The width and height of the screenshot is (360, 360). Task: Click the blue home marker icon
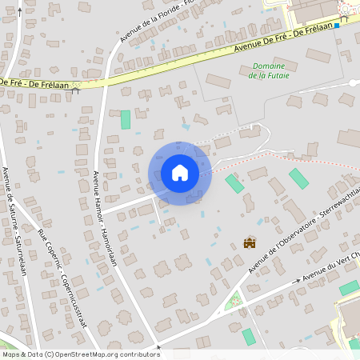point(179,172)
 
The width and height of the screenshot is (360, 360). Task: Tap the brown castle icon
point(250,242)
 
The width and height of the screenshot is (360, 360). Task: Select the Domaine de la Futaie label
point(268,71)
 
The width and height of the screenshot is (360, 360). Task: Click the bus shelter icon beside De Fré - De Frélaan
point(76,89)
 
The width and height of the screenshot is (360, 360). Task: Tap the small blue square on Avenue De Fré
point(338,25)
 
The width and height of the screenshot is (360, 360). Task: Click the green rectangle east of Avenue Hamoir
point(125,120)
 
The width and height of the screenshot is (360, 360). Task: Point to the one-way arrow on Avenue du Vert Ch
point(298,281)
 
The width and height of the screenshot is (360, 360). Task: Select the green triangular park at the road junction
point(234,302)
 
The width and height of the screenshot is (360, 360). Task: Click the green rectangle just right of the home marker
point(234,183)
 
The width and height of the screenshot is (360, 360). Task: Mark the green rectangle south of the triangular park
point(248,337)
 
